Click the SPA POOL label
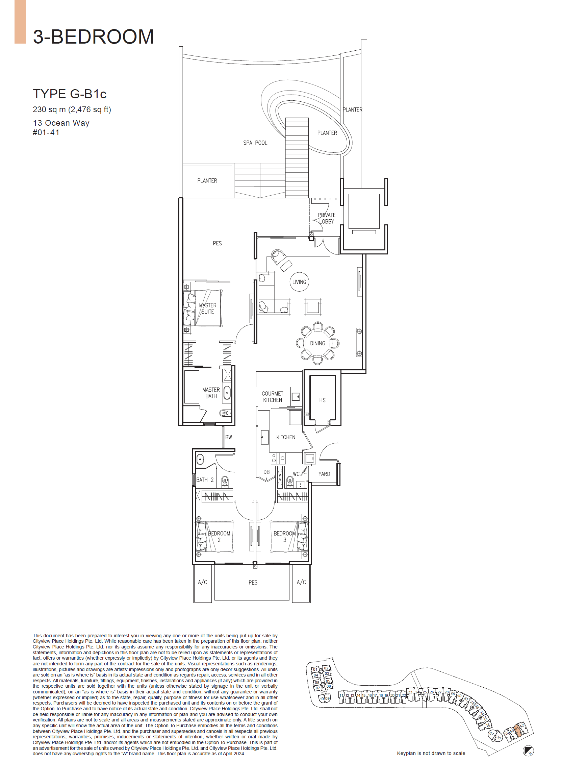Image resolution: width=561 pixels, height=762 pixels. click(255, 143)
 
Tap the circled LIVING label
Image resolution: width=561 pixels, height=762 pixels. click(299, 282)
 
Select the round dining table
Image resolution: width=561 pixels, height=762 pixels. click(317, 343)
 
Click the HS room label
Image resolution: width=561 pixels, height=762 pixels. click(322, 400)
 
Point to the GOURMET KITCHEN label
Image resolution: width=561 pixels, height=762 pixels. click(272, 397)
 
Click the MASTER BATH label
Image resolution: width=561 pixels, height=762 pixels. click(211, 393)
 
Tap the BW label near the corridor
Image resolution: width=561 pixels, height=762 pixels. click(229, 437)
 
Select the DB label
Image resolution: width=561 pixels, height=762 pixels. click(266, 472)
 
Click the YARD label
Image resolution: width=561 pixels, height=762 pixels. click(324, 474)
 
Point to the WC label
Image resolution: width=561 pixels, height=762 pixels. click(296, 474)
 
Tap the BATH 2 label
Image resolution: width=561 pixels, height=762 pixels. click(205, 480)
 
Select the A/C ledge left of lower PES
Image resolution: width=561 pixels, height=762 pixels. click(203, 582)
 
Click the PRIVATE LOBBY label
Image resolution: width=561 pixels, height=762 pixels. click(326, 218)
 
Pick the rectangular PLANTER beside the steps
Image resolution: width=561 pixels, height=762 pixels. click(207, 181)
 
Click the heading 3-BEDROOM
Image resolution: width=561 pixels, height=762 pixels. click(93, 37)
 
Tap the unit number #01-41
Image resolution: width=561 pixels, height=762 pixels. click(46, 132)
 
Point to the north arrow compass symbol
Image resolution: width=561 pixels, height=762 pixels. click(528, 751)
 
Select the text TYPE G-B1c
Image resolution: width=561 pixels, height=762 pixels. click(70, 94)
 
